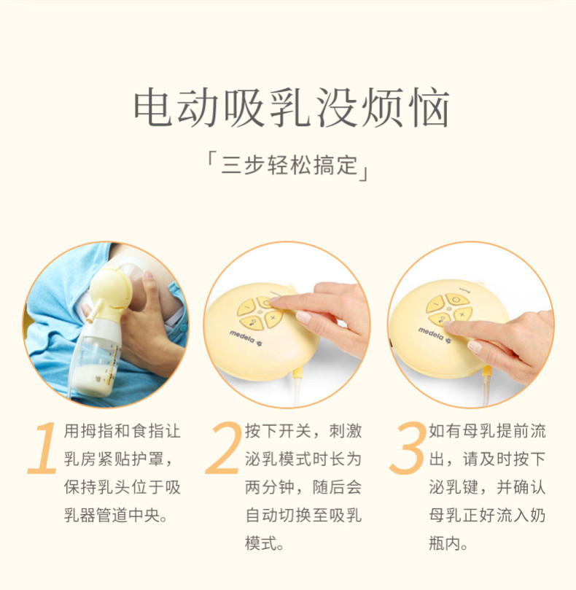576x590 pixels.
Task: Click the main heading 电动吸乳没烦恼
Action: tap(292, 108)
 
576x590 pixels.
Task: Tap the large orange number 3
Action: tap(408, 448)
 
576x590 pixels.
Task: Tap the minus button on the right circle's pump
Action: tap(435, 304)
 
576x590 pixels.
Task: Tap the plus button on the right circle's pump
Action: tap(463, 314)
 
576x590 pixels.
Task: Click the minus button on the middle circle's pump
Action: tap(246, 308)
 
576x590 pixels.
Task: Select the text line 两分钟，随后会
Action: tap(303, 487)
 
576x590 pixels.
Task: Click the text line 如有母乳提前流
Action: tap(487, 431)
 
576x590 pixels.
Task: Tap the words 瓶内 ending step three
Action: tap(445, 544)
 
